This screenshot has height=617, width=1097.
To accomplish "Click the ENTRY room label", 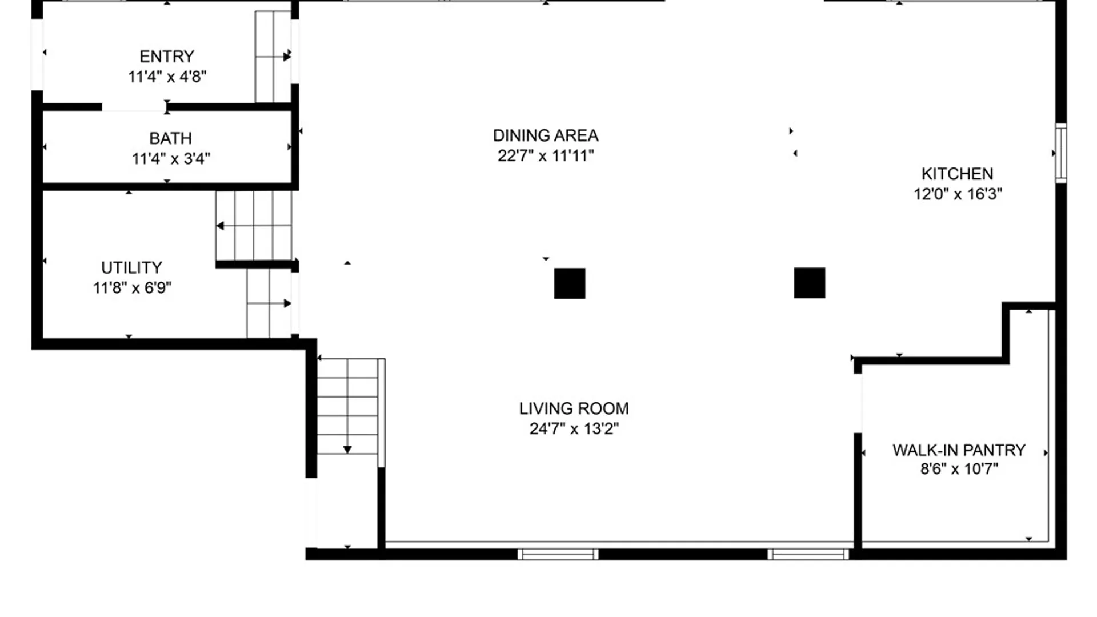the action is (x=167, y=57).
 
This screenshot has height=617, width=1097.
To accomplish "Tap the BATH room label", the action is (x=170, y=139).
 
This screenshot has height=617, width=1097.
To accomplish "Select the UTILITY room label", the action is (x=131, y=268).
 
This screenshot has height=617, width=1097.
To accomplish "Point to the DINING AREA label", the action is (x=546, y=136).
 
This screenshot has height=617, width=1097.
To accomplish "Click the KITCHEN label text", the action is (x=957, y=174).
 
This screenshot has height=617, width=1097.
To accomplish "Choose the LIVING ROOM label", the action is (x=574, y=409).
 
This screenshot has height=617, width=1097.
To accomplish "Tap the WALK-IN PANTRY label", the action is (x=959, y=451).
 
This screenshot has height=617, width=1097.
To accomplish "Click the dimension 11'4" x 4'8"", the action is (x=167, y=77).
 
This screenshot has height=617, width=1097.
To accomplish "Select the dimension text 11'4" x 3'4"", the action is (x=171, y=158).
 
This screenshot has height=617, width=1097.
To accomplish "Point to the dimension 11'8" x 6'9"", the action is (x=132, y=287).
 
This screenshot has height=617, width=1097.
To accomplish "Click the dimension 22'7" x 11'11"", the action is (x=546, y=155).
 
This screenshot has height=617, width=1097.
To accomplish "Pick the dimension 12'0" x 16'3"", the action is (x=958, y=194).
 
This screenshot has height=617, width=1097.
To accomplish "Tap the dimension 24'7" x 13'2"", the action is (x=574, y=428).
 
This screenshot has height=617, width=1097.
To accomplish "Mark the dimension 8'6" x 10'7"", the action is (x=959, y=469).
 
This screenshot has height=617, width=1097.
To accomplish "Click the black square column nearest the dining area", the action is (x=570, y=283).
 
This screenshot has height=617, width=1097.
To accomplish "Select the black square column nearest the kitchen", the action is (x=810, y=283).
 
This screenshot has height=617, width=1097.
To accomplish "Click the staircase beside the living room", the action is (x=348, y=406).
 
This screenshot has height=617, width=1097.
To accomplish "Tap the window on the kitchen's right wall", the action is (x=1060, y=153).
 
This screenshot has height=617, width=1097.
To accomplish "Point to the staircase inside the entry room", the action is (x=273, y=57).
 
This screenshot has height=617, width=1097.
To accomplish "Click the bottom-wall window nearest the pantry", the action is (x=808, y=554).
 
